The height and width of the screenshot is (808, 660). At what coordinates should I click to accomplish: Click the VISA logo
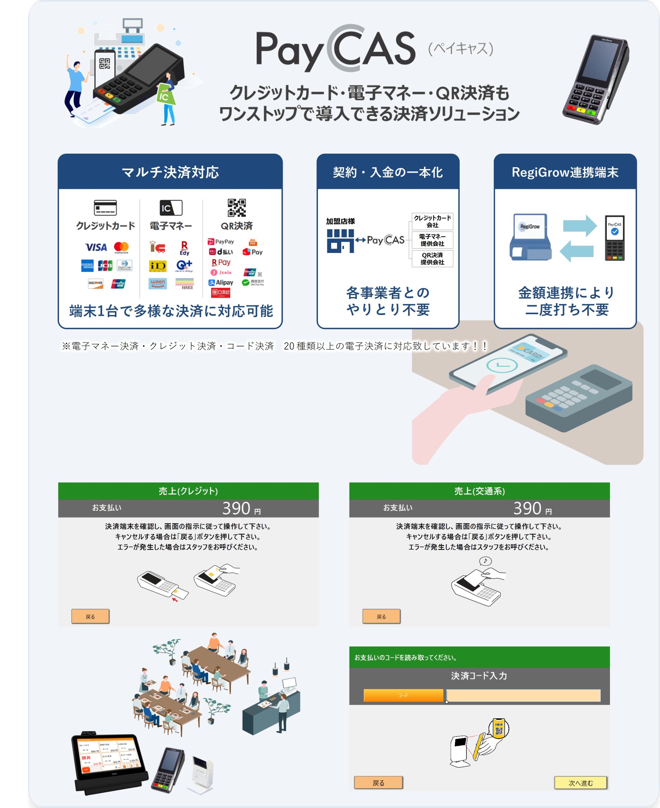[96, 247]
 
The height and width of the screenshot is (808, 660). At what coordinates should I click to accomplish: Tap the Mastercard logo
[121, 247]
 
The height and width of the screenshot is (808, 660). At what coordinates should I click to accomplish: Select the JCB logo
[105, 266]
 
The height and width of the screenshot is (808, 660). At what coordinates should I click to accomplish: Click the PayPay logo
[221, 241]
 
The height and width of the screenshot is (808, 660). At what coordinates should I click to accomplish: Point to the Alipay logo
[221, 282]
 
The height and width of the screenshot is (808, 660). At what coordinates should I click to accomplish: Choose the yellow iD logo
[158, 266]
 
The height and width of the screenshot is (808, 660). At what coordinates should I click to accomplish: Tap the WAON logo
[158, 283]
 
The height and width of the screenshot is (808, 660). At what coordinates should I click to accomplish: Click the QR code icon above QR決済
[236, 208]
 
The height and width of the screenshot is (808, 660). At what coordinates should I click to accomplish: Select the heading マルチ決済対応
[170, 172]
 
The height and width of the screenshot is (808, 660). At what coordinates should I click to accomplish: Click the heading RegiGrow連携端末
[565, 172]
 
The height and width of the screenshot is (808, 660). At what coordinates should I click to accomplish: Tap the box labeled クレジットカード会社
[432, 221]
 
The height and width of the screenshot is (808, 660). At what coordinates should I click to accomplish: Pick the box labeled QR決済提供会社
[432, 258]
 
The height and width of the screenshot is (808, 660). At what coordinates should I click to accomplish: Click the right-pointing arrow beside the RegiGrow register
[580, 226]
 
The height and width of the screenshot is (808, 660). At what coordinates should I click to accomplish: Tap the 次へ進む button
[580, 783]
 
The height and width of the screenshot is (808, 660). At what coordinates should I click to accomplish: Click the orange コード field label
[403, 695]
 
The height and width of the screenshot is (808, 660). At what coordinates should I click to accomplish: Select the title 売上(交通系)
[479, 491]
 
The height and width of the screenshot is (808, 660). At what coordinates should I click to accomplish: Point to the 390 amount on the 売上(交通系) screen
[527, 508]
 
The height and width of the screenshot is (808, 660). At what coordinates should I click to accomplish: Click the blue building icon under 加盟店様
[340, 241]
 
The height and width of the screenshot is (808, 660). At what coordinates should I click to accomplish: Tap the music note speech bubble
[485, 561]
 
